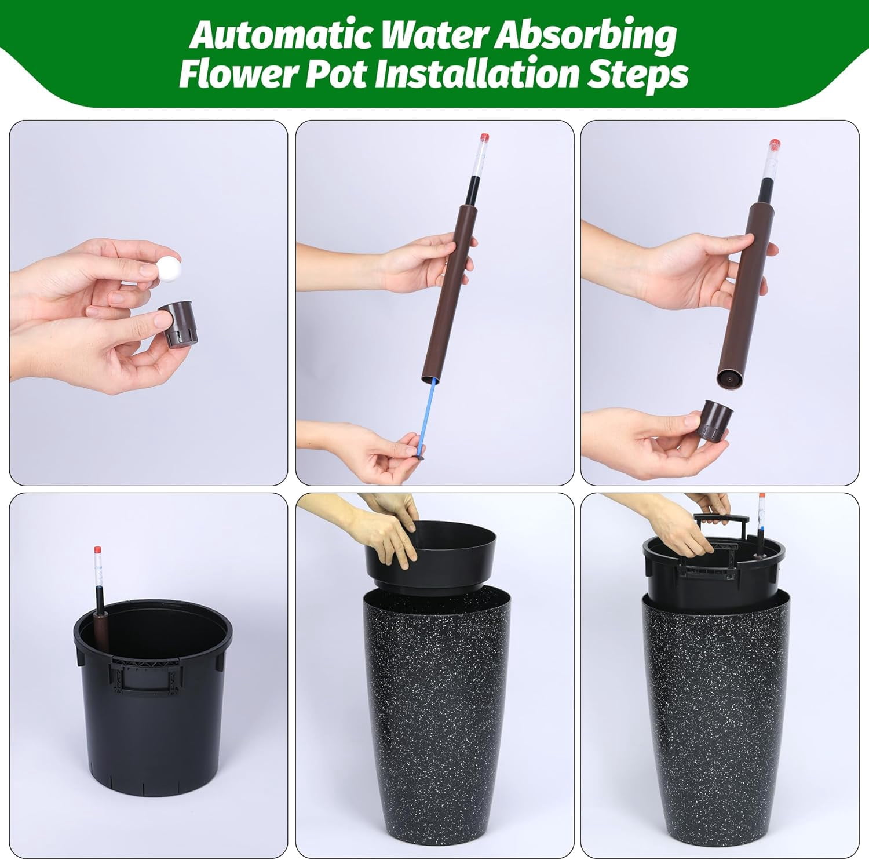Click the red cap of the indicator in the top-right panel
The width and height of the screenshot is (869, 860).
coord(774,144)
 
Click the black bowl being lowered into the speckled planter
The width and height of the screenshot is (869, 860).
coord(430,556)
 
